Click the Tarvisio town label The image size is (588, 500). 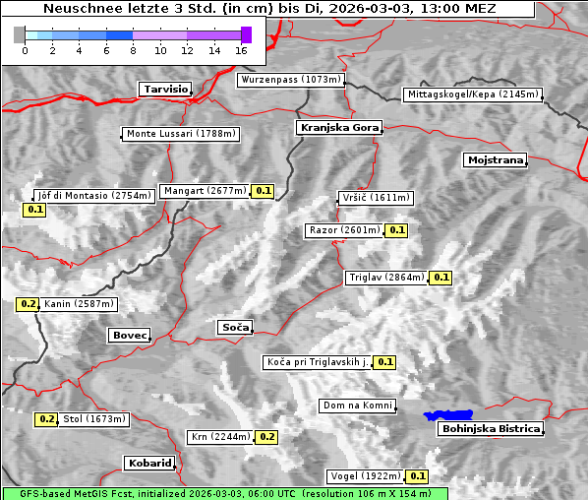[165, 89]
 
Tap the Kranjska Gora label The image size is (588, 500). [337, 128]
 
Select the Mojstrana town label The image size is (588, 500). [496, 159]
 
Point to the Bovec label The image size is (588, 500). [129, 336]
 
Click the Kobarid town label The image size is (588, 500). [149, 463]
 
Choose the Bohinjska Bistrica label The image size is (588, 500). [491, 429]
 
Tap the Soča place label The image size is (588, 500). [235, 327]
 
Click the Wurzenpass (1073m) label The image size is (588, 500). [291, 80]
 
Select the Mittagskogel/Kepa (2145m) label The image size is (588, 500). [472, 94]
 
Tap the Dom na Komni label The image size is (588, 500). [358, 406]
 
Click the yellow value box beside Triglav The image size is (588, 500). [441, 278]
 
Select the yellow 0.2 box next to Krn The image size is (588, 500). [267, 437]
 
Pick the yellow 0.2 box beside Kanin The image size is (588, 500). [28, 304]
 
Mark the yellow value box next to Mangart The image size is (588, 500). [263, 191]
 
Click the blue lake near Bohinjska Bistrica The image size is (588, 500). [448, 415]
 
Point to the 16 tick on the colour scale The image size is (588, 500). [242, 50]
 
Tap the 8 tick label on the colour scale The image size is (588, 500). [133, 50]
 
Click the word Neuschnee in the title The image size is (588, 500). [80, 9]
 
